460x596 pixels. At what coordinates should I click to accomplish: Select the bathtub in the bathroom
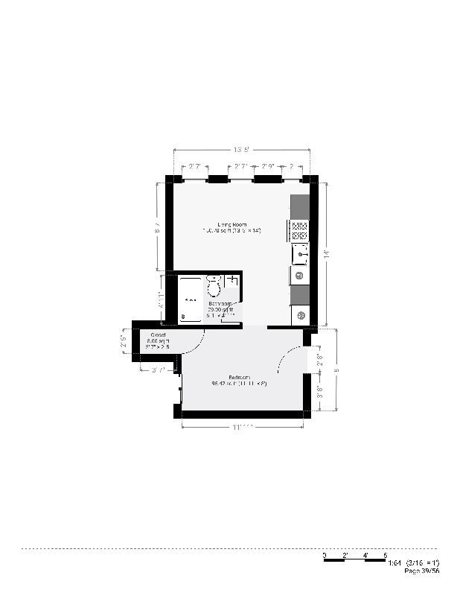(x=191, y=299)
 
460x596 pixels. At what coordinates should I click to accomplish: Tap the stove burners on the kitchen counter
(x=300, y=230)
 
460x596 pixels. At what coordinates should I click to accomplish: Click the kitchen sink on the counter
(x=301, y=256)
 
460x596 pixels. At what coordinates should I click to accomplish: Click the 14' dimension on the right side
(x=327, y=253)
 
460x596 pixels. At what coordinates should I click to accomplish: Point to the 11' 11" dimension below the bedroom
(x=243, y=428)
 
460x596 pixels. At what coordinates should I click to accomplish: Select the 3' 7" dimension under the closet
(x=159, y=370)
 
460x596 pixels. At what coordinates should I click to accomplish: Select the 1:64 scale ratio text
(x=394, y=562)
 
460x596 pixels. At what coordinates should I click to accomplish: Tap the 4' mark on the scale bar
(x=365, y=556)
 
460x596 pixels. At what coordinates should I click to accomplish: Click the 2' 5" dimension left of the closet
(x=125, y=346)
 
